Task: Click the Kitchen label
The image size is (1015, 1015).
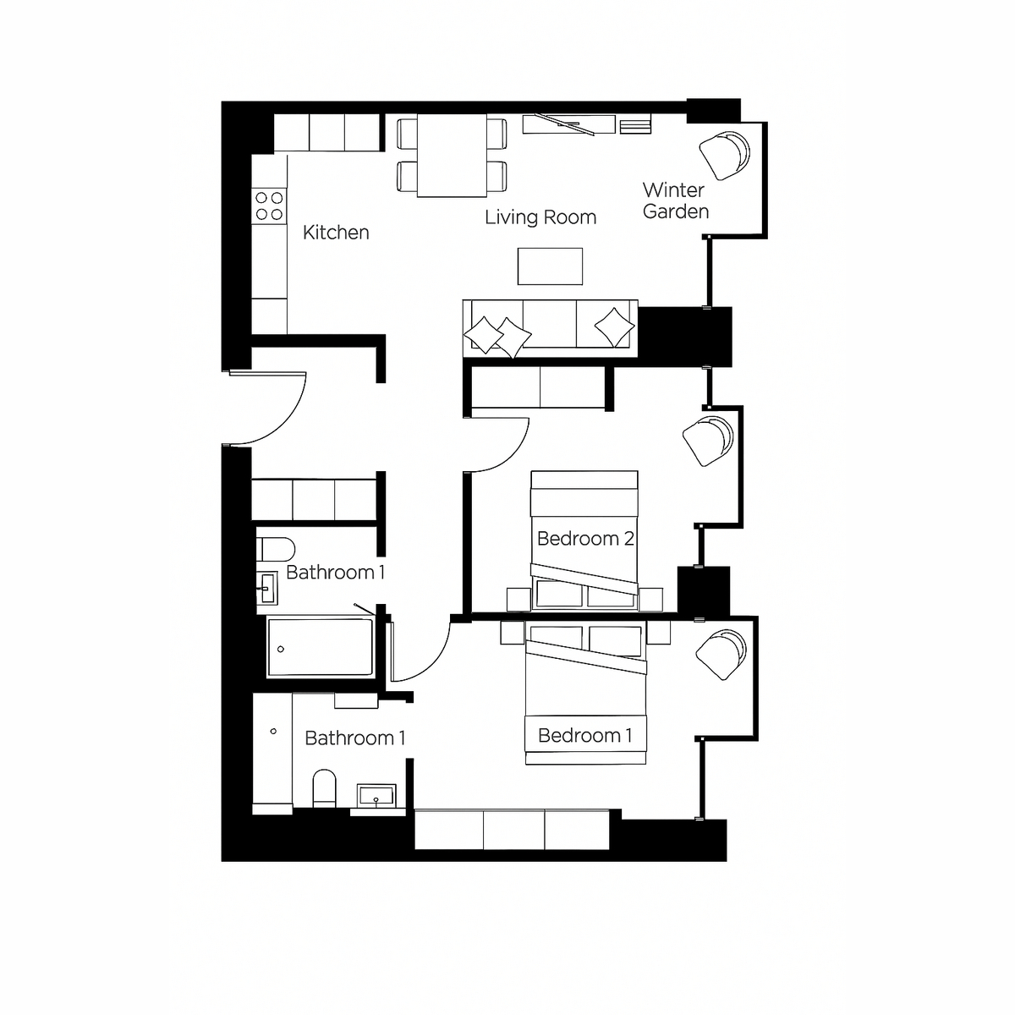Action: coord(336,233)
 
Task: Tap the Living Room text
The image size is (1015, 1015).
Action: coord(540,217)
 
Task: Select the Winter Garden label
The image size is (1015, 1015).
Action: coord(675,200)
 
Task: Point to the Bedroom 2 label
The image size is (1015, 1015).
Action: coord(584,539)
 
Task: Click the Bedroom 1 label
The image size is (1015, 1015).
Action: coord(584,735)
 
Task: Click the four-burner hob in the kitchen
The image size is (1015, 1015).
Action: coord(269,206)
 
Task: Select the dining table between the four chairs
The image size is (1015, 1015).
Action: coord(452,156)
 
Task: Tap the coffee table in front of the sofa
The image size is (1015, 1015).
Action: coord(550,266)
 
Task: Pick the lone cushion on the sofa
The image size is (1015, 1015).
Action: coord(614,326)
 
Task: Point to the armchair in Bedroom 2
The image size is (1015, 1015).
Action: coord(707,442)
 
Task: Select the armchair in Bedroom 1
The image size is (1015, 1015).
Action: coord(721,655)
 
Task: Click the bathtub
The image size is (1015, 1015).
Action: coord(321,647)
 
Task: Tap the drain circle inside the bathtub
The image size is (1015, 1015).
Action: coord(281,650)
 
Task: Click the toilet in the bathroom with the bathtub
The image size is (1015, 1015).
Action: coord(276,550)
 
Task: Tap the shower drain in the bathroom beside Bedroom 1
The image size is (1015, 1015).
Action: coord(273,732)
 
